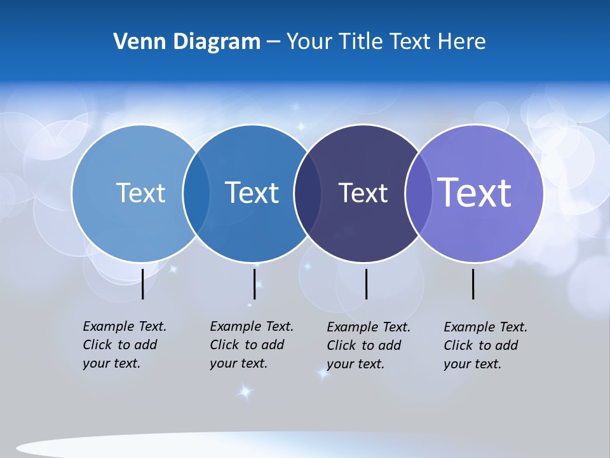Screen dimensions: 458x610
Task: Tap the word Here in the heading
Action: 462,42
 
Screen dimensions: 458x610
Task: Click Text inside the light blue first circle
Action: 140,193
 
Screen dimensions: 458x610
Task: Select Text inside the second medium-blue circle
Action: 252,193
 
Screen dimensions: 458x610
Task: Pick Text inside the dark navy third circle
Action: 363,193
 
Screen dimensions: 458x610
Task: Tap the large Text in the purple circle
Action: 475,192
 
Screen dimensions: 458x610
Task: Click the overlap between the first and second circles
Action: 196,193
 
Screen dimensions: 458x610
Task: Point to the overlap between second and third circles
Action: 307,193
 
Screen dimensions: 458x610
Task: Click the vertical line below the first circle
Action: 143,284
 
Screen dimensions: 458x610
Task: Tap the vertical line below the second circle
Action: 254,284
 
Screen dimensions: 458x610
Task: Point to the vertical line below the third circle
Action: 366,284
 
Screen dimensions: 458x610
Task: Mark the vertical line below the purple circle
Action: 473,284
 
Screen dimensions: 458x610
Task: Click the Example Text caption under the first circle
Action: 124,345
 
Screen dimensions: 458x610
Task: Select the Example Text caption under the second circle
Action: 251,345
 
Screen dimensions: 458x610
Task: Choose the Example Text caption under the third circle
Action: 368,345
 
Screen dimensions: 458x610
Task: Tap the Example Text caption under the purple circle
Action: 485,345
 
